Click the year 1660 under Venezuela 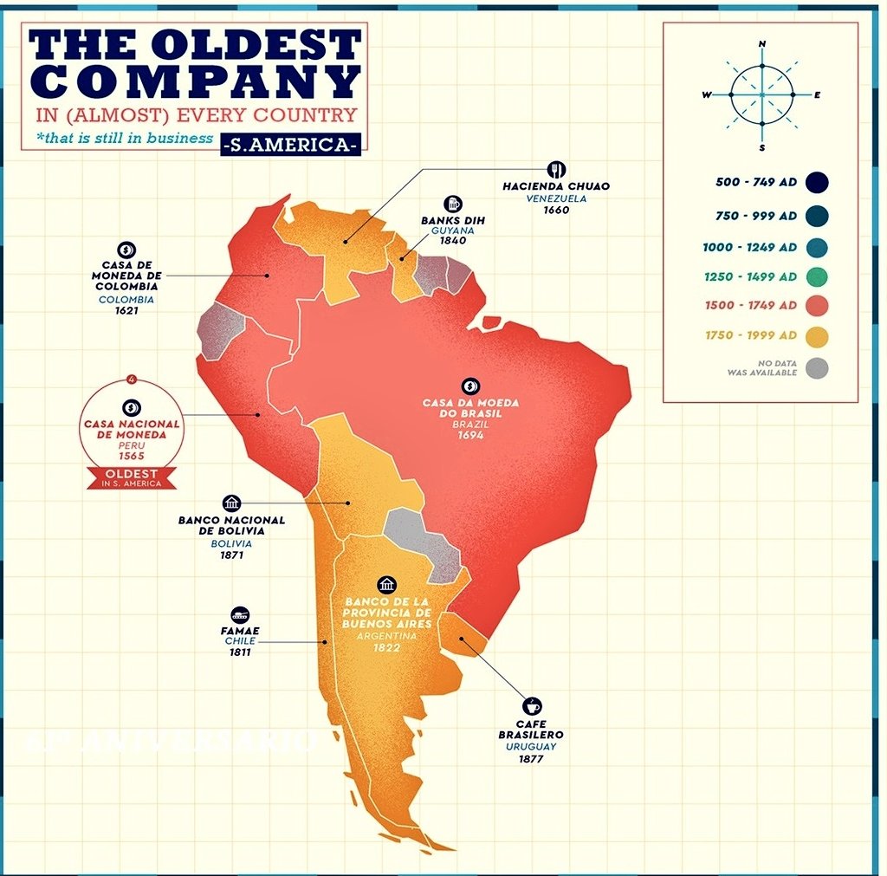pyautogui.click(x=556, y=210)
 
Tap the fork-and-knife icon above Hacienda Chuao pyautogui.click(x=556, y=169)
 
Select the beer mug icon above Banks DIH pyautogui.click(x=452, y=204)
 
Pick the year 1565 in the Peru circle pyautogui.click(x=133, y=456)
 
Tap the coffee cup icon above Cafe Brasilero pyautogui.click(x=532, y=706)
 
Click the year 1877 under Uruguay pyautogui.click(x=532, y=758)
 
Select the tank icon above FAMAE pyautogui.click(x=241, y=613)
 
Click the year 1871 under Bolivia pyautogui.click(x=231, y=555)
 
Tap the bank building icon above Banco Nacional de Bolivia pyautogui.click(x=231, y=503)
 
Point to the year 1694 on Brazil pyautogui.click(x=470, y=436)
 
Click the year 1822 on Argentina pyautogui.click(x=386, y=647)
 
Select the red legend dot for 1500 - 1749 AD pyautogui.click(x=815, y=306)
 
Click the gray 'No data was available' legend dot pyautogui.click(x=815, y=367)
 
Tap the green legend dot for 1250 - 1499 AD pyautogui.click(x=815, y=277)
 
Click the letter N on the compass pyautogui.click(x=762, y=43)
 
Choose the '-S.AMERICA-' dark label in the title pyautogui.click(x=290, y=145)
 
